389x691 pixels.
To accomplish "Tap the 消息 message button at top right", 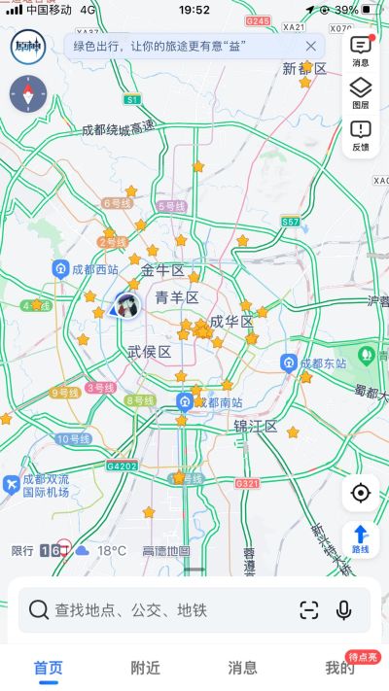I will [x=360, y=51].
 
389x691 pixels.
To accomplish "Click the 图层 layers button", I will [x=360, y=93].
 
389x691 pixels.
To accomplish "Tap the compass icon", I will [x=27, y=94].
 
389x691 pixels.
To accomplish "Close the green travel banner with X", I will [x=311, y=46].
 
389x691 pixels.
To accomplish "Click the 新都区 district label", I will [x=302, y=69].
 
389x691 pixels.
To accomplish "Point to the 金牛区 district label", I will [x=162, y=271].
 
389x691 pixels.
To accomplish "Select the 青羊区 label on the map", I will [x=177, y=297].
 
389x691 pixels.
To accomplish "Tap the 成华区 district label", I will [x=231, y=322].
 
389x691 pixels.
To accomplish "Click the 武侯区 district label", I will [x=149, y=352].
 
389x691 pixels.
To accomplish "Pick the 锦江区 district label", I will [x=256, y=427].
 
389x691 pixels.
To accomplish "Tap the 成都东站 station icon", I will [x=289, y=363].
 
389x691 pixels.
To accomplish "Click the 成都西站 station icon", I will [x=60, y=269].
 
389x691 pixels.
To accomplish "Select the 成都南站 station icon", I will [x=185, y=402].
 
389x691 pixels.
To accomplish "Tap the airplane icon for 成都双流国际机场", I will [x=11, y=483].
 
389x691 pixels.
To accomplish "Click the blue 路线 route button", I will [x=360, y=536].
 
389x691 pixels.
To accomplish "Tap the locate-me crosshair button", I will [x=361, y=493].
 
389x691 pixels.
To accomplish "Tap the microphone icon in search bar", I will [x=343, y=609].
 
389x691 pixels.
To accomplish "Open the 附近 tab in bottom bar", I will [x=146, y=668].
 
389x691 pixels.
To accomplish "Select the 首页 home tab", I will [x=49, y=668].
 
